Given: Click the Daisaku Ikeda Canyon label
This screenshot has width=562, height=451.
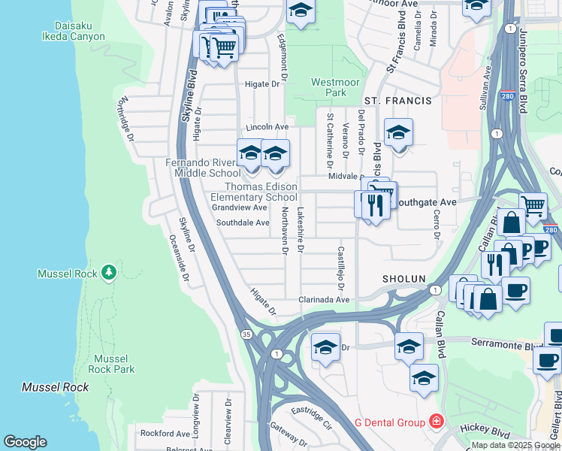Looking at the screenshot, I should (67, 30).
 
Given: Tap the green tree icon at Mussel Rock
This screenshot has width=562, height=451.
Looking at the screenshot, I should (109, 271).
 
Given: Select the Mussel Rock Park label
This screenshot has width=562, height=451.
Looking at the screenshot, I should (111, 364).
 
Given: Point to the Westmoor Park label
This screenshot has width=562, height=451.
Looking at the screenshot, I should (329, 87).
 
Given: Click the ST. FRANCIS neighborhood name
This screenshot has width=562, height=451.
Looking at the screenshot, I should (398, 101).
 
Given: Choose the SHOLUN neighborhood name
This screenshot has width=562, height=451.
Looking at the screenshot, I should (404, 278).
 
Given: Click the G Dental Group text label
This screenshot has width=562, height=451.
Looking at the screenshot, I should (389, 422).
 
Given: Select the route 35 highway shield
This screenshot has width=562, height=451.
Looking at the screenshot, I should (246, 333).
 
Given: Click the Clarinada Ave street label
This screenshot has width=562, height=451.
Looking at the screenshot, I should (325, 299).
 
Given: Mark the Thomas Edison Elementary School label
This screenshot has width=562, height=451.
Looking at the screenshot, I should (261, 192).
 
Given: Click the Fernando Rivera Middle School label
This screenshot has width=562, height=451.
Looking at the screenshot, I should (204, 168).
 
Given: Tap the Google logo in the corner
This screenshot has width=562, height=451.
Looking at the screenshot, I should (25, 442).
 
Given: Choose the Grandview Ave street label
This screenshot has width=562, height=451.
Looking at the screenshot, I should (239, 207).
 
